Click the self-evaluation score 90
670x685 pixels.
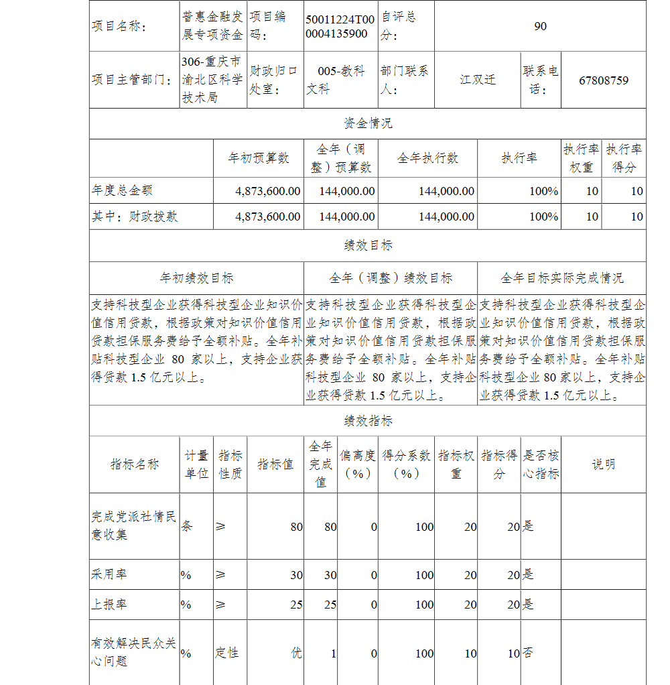[540, 26]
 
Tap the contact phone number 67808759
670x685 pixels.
[604, 80]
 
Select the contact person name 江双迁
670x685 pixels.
[478, 80]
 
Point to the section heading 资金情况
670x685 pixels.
[368, 123]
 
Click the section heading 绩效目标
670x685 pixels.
[368, 245]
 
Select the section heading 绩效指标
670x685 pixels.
[368, 421]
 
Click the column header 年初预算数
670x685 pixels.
[259, 158]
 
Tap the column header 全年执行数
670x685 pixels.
[428, 158]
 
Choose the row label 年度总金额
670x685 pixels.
[122, 191]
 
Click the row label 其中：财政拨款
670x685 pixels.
[135, 216]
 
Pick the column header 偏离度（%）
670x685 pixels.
[357, 464]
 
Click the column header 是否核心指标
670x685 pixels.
[540, 464]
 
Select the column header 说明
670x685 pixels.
[603, 464]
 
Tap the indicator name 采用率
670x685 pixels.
[109, 574]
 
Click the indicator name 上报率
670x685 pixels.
[109, 604]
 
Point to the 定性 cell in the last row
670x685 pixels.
[226, 653]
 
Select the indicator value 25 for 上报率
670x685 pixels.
[296, 605]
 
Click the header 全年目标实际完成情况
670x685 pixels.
[561, 277]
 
